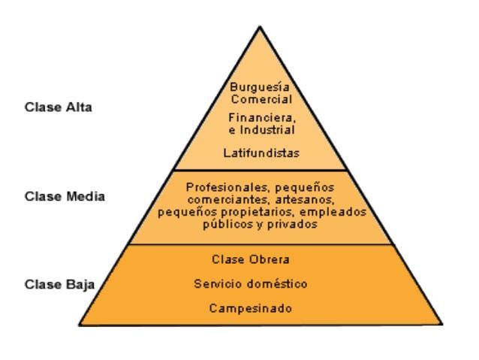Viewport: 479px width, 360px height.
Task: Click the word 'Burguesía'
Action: point(260,87)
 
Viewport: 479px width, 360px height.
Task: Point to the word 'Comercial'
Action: point(260,98)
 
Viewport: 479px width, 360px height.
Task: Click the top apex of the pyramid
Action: point(260,28)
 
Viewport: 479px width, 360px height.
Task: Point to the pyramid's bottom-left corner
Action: point(80,325)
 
